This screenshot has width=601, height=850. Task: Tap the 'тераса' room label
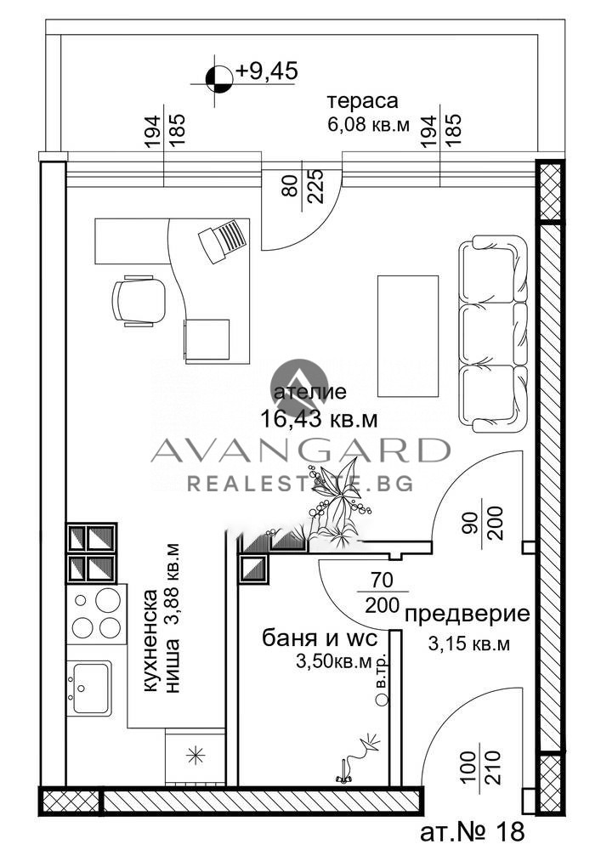coord(363,101)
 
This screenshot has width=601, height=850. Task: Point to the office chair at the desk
coord(139,299)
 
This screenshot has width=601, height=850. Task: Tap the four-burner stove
coord(95,614)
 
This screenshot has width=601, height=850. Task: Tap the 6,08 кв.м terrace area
coord(368,124)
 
